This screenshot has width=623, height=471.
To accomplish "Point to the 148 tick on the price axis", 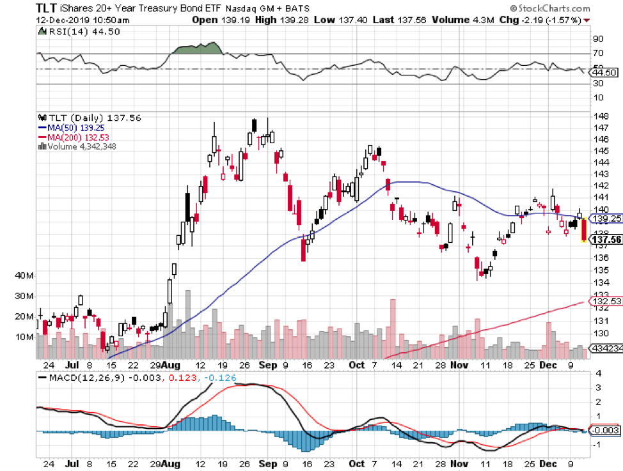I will coord(601,116).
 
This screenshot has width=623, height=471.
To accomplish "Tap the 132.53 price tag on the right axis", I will coord(606,300).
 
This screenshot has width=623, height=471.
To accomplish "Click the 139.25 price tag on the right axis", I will coord(606,218).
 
